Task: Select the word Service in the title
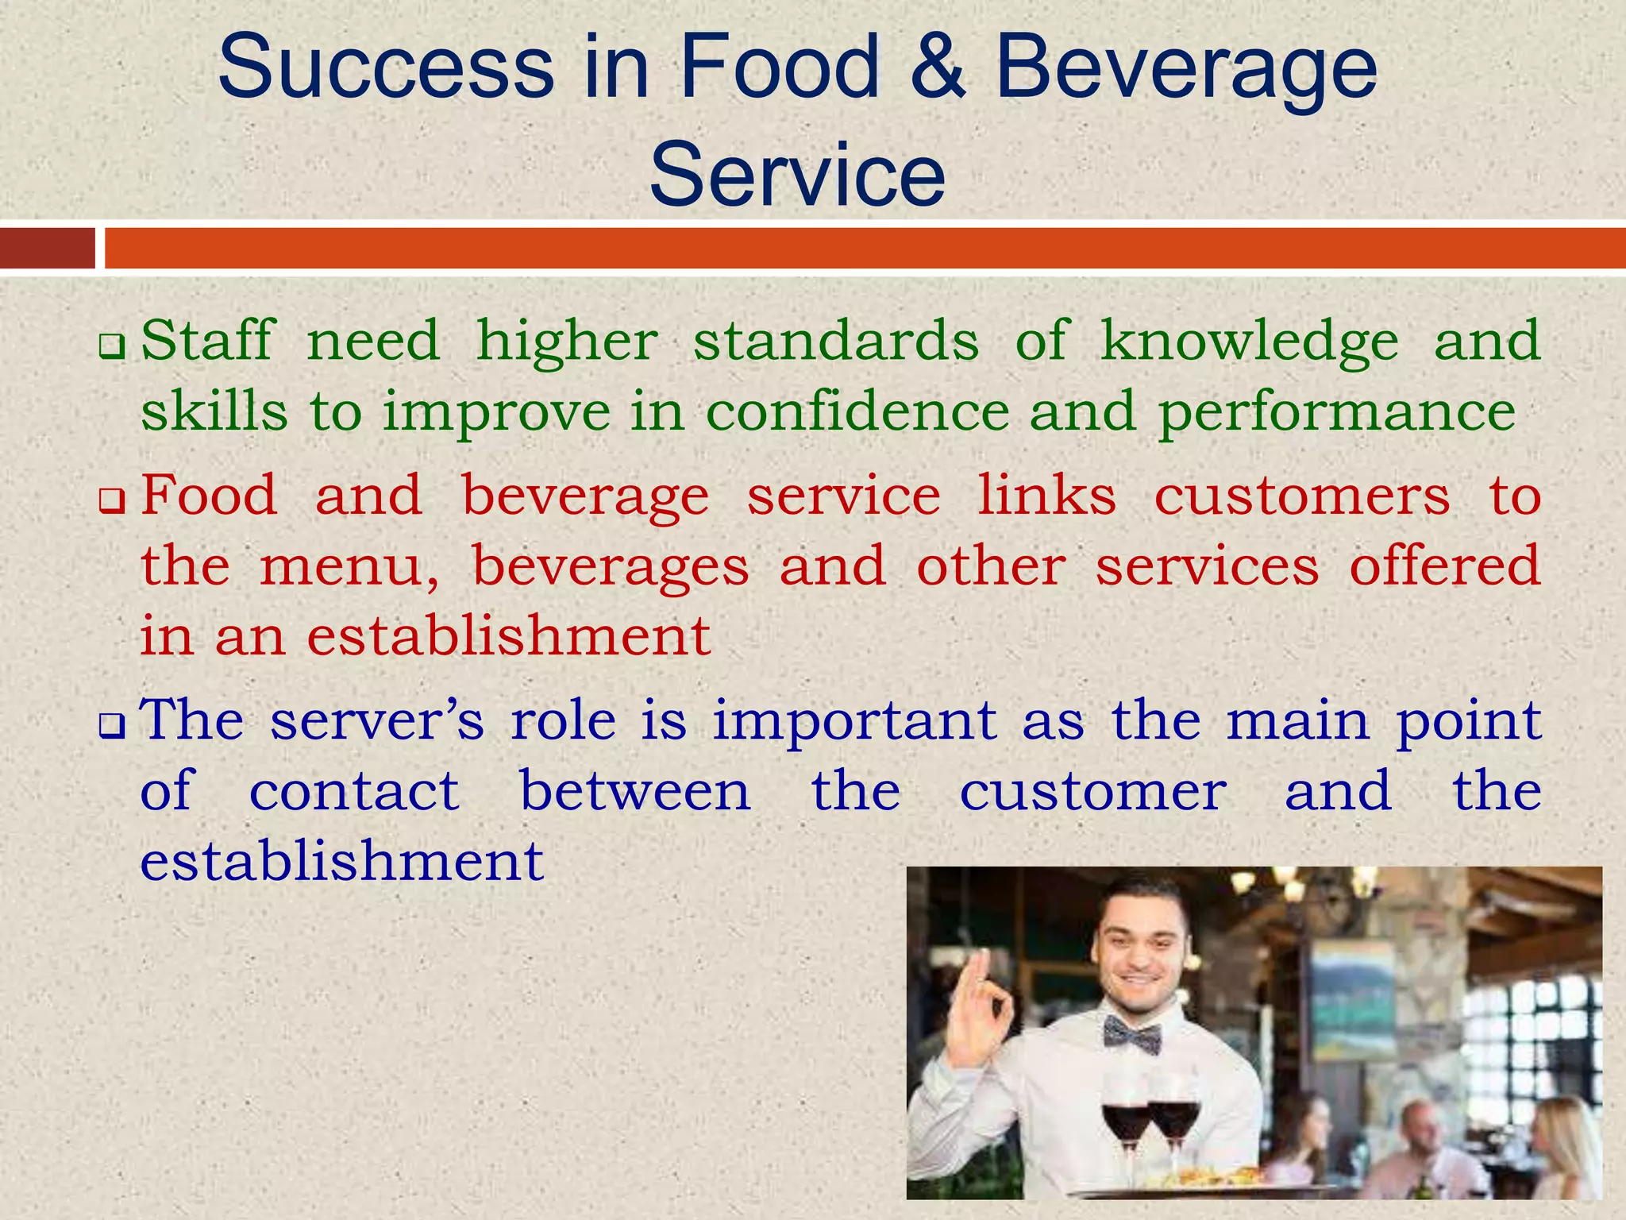pyautogui.click(x=797, y=175)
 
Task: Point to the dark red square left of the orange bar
pyautogui.click(x=47, y=248)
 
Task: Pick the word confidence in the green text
pyautogui.click(x=857, y=411)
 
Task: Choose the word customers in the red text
pyautogui.click(x=1302, y=496)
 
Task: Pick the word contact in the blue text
pyautogui.click(x=354, y=792)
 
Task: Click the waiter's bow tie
pyautogui.click(x=1131, y=1036)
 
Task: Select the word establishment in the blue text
pyautogui.click(x=341, y=862)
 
